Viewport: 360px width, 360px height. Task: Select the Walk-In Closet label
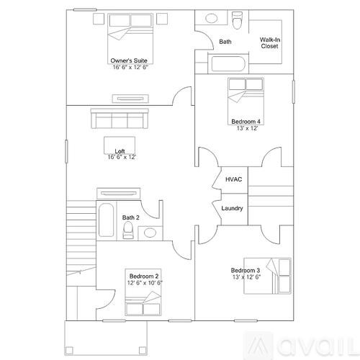click(x=270, y=42)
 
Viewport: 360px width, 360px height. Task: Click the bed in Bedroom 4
click(x=246, y=94)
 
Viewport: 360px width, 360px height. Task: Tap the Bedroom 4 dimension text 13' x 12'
click(x=246, y=128)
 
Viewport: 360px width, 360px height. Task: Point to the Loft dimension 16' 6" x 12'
click(x=122, y=156)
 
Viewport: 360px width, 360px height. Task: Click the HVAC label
click(x=233, y=179)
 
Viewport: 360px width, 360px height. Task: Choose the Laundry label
click(x=232, y=209)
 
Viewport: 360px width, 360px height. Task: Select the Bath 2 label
click(x=130, y=217)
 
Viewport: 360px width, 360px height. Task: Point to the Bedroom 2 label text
click(x=144, y=276)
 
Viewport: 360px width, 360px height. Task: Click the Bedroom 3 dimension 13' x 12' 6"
click(x=246, y=276)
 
